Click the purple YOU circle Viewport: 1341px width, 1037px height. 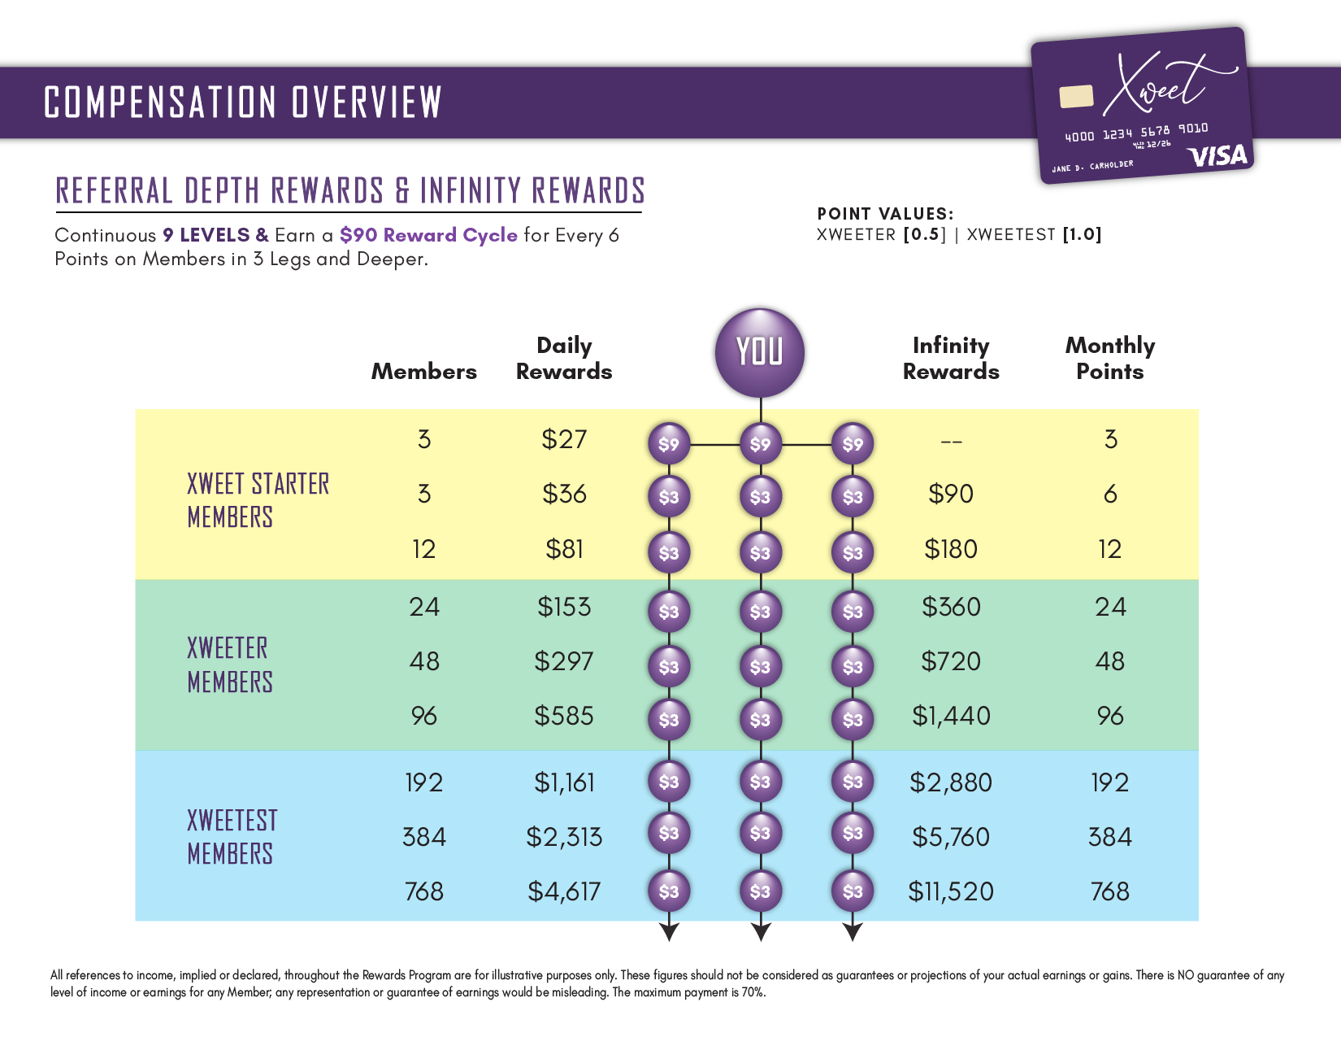[759, 352]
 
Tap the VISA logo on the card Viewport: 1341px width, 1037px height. [1217, 155]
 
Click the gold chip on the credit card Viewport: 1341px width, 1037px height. [1076, 96]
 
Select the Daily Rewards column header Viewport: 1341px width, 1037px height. [564, 358]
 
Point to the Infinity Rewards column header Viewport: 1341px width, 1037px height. [951, 358]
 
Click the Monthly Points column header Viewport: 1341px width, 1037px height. [1109, 358]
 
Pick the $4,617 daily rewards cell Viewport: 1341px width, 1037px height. [564, 891]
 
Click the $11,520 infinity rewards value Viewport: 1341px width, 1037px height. [951, 891]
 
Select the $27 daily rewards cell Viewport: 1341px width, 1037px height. [564, 439]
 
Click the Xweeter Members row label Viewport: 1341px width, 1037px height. [230, 664]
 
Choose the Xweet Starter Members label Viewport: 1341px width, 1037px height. [258, 500]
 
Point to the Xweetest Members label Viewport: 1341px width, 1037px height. [232, 837]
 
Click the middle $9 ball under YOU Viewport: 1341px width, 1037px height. [760, 444]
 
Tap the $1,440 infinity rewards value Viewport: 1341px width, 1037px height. [951, 716]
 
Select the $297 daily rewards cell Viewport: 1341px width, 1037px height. [564, 661]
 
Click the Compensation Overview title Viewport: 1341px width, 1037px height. [243, 102]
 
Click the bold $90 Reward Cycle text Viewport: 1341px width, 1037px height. [428, 235]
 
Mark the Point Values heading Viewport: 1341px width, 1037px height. [885, 214]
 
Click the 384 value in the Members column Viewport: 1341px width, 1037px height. [424, 837]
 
